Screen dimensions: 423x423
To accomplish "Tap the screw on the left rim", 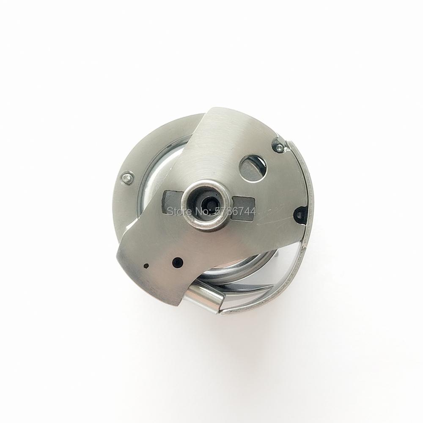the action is point(127,178).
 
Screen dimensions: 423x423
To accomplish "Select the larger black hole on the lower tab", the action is point(178,261).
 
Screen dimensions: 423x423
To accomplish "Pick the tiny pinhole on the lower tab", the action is point(146,266).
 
